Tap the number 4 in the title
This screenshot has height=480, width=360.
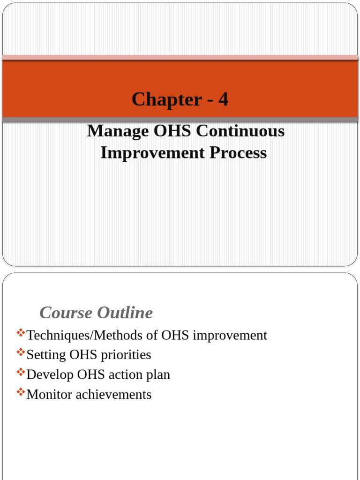(x=223, y=99)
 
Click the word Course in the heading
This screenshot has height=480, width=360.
(x=65, y=313)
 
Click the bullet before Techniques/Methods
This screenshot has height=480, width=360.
(x=21, y=333)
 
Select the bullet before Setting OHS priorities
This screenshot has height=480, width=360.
(x=21, y=352)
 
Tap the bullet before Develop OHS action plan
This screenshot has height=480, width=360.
(x=21, y=372)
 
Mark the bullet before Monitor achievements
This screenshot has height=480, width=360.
(x=21, y=392)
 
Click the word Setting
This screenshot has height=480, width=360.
(x=46, y=355)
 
